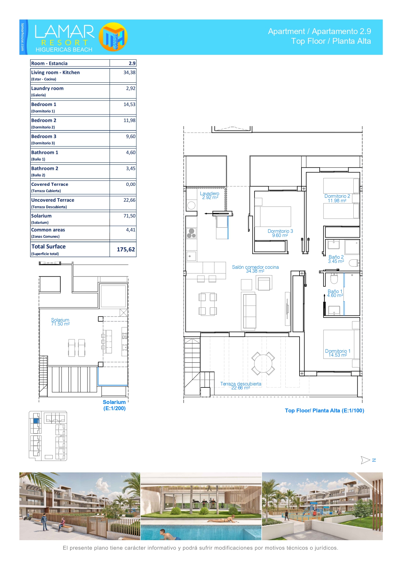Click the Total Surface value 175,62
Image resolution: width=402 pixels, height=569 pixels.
pyautogui.click(x=126, y=249)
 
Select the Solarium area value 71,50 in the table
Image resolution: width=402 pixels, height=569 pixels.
pyautogui.click(x=129, y=216)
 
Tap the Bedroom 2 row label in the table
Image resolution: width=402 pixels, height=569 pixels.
pyautogui.click(x=44, y=120)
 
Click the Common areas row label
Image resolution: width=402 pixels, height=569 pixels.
pyautogui.click(x=48, y=230)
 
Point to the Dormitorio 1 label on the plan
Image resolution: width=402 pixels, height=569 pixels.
pyautogui.click(x=338, y=353)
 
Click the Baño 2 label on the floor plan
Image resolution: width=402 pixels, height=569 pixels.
pyautogui.click(x=336, y=259)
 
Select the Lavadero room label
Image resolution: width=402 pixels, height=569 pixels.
pyautogui.click(x=210, y=196)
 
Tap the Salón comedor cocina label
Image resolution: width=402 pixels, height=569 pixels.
pyautogui.click(x=255, y=269)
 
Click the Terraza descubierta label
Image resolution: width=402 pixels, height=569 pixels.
pyautogui.click(x=241, y=386)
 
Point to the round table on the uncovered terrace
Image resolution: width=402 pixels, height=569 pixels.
pyautogui.click(x=263, y=363)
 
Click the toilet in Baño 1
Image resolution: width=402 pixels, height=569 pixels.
pyautogui.click(x=334, y=279)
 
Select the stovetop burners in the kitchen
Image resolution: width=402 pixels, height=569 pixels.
pyautogui.click(x=191, y=233)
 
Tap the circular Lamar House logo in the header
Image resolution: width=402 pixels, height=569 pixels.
pyautogui.click(x=113, y=37)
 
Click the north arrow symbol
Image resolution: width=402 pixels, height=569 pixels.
pyautogui.click(x=366, y=460)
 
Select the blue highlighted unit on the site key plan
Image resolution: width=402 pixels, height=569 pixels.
pyautogui.click(x=36, y=421)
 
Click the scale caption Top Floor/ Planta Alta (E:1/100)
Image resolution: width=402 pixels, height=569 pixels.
pyautogui.click(x=325, y=410)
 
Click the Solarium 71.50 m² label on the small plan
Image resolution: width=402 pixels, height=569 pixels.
pyautogui.click(x=60, y=322)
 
